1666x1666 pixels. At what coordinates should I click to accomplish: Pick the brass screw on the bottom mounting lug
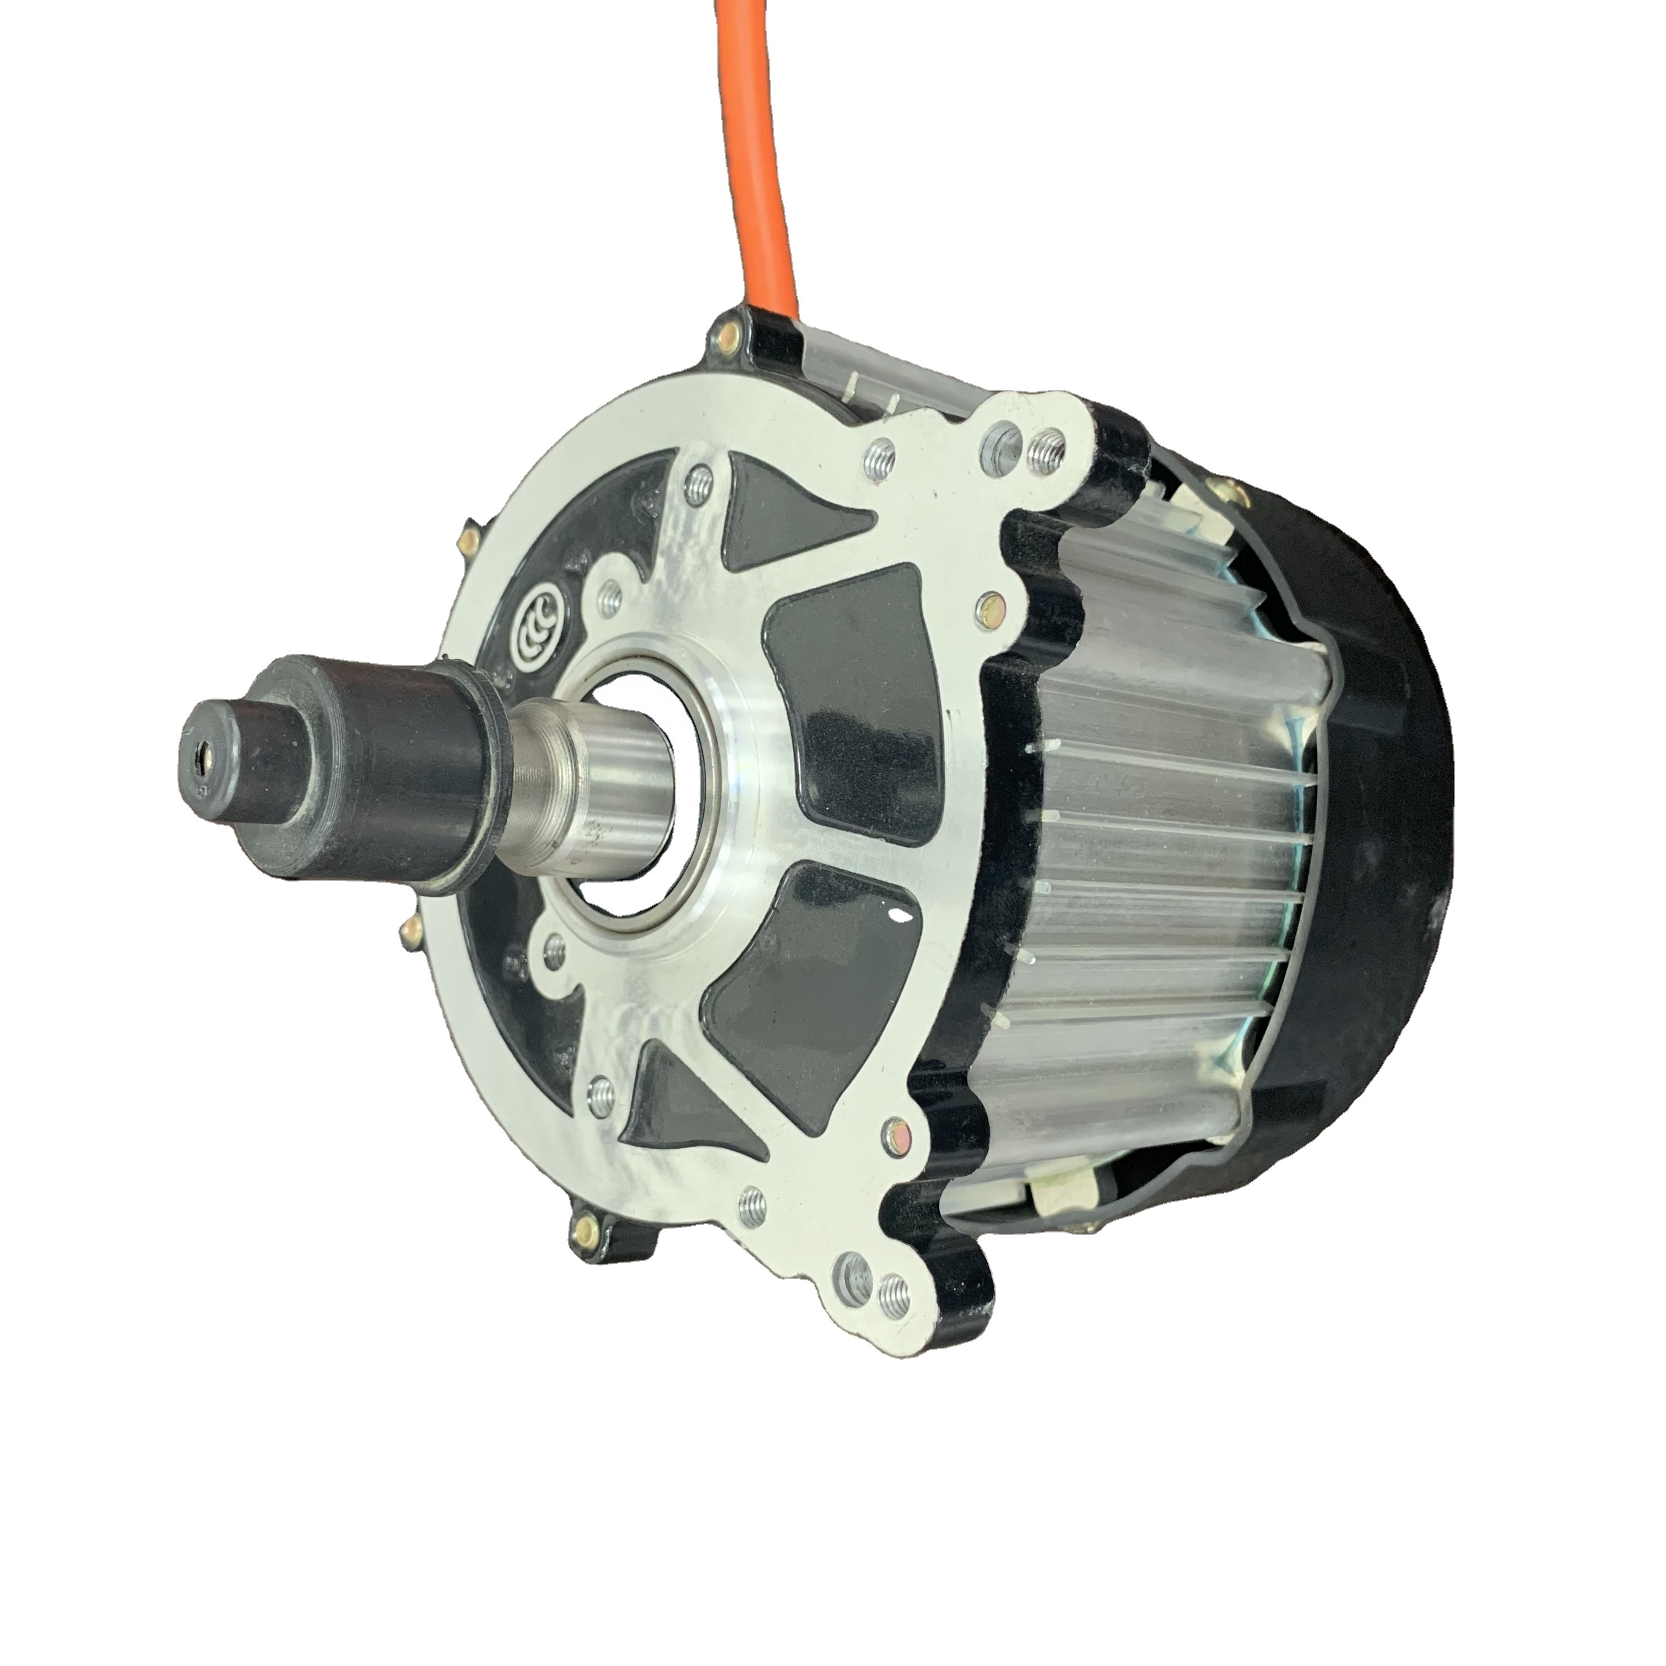[x=585, y=1225]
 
